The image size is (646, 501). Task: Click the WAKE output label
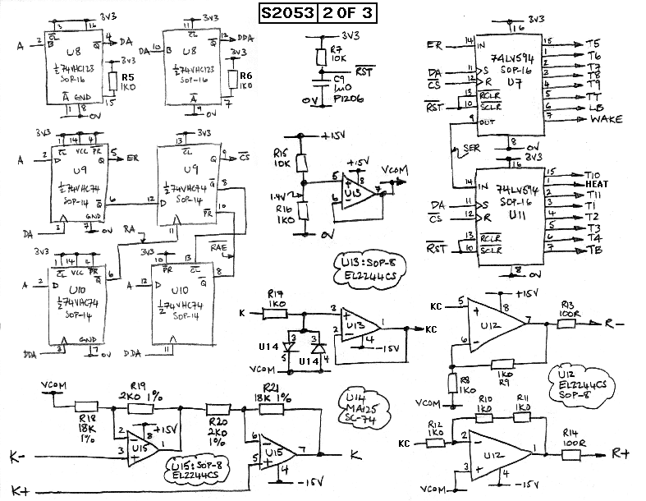(x=605, y=120)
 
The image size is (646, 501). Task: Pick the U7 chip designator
(x=515, y=82)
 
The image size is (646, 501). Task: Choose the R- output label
(x=614, y=324)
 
